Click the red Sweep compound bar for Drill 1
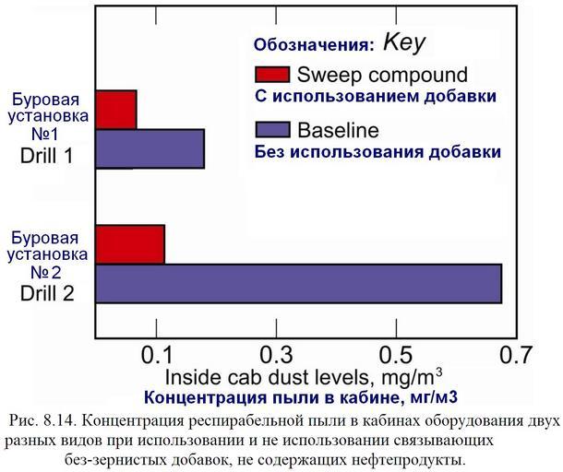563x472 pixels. pyautogui.click(x=116, y=110)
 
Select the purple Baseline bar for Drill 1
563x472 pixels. pyautogui.click(x=150, y=149)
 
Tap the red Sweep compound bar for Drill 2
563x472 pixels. pyautogui.click(x=130, y=244)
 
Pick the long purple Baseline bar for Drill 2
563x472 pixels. pyautogui.click(x=298, y=284)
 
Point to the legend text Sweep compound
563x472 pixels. pyautogui.click(x=382, y=75)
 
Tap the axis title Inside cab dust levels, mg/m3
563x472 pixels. pyautogui.click(x=303, y=377)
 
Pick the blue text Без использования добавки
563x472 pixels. pyautogui.click(x=377, y=151)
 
